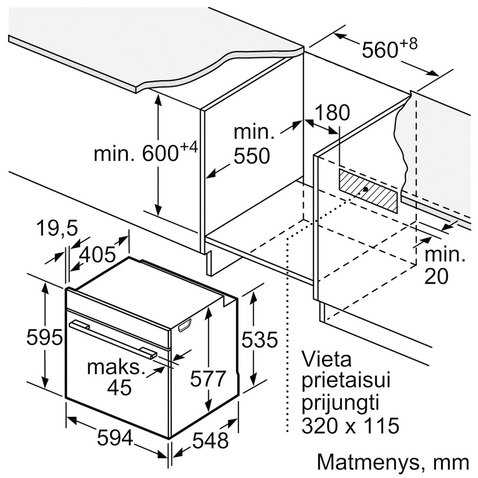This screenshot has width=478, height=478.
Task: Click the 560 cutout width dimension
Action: (380, 50)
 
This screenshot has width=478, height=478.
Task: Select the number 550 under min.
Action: (252, 156)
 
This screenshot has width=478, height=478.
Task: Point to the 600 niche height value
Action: (160, 154)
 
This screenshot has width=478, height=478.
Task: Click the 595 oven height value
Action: (44, 337)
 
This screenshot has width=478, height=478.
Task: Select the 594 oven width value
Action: (115, 438)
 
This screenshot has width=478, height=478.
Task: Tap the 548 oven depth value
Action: (211, 440)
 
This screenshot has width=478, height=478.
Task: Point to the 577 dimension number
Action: (207, 379)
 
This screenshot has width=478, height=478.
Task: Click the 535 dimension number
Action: (260, 339)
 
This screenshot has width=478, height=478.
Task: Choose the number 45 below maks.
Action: (119, 388)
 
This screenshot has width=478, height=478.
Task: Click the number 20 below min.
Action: (436, 276)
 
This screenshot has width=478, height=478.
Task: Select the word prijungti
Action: (340, 403)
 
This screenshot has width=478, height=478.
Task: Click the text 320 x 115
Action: (350, 425)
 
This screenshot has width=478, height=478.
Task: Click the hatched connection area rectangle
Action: (368, 191)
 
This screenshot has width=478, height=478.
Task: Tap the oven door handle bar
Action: (113, 339)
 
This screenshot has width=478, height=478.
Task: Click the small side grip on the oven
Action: (185, 325)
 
